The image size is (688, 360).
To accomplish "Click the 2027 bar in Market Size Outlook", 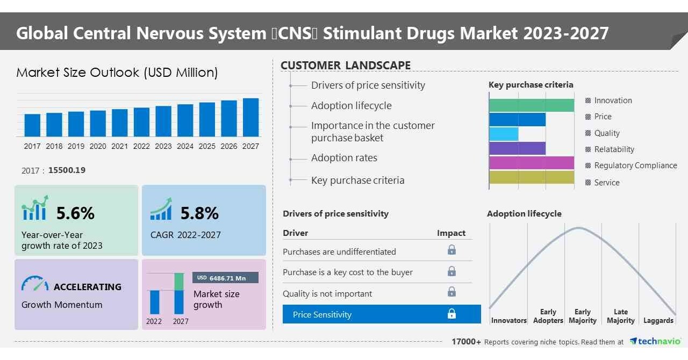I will pos(250,117).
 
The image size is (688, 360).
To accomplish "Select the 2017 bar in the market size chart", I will pos(32,125).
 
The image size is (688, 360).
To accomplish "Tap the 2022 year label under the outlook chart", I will pos(141,146).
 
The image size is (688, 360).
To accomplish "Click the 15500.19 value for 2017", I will pos(67,170).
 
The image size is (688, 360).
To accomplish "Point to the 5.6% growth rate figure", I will pos(75,213).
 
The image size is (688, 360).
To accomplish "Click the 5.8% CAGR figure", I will pos(199,213).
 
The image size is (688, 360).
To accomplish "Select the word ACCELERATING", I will pos(88,287).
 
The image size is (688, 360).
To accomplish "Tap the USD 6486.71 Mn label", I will pos(225,278).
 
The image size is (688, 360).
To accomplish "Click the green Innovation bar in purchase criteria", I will pos(531,105).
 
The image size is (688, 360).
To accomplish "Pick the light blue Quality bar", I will pos(504,134).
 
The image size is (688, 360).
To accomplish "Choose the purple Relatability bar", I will pos(517,148).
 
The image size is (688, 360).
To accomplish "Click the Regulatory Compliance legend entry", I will pos(635,165).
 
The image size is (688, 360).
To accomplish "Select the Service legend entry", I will pos(607,183).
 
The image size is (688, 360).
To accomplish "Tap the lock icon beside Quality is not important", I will pos(451,292).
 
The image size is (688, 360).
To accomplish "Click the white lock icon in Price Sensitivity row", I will pos(451,314).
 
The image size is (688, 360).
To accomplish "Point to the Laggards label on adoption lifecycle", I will pos(658,321).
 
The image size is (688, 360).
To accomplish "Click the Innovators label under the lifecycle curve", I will pos(508,321).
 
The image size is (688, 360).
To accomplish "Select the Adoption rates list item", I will pos(344,158).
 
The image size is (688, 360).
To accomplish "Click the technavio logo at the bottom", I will pos(656,342).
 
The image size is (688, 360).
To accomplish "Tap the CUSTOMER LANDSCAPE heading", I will pos(346,66).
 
